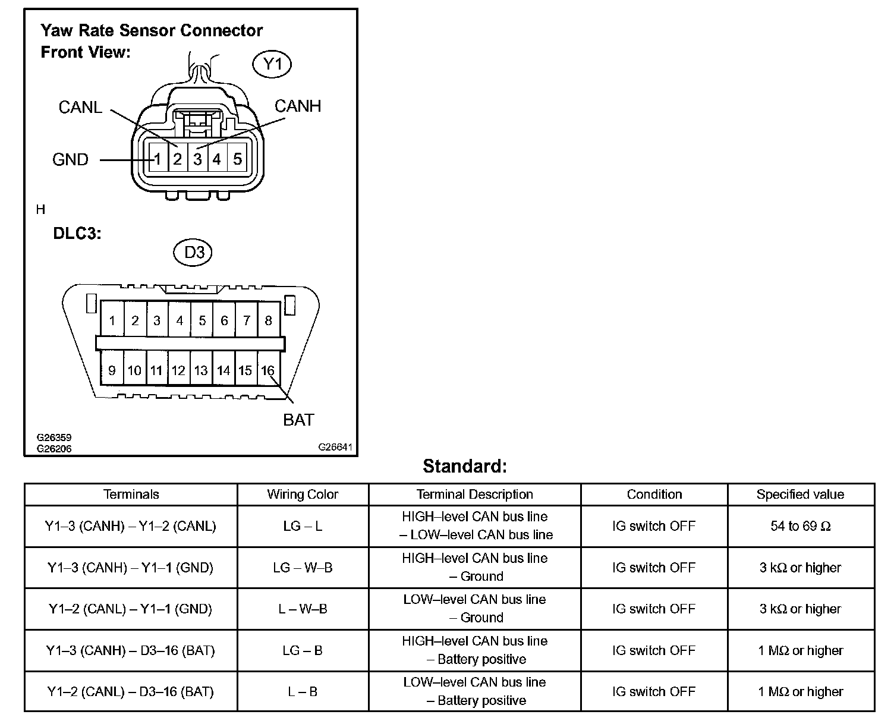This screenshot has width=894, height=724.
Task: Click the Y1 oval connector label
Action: [x=272, y=64]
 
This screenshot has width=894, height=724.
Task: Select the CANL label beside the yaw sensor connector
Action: [x=80, y=108]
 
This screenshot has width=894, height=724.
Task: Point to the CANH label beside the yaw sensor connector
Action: [x=298, y=106]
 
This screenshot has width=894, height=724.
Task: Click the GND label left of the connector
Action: [x=70, y=160]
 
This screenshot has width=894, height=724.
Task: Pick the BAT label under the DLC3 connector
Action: [x=298, y=420]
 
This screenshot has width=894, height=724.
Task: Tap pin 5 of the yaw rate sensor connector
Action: [x=237, y=159]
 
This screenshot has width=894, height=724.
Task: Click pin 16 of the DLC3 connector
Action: [x=268, y=371]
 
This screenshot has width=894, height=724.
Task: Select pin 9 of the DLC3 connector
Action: [x=112, y=371]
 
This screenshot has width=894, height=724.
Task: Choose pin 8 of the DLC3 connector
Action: [x=268, y=321]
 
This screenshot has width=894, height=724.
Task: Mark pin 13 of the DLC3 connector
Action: [x=201, y=371]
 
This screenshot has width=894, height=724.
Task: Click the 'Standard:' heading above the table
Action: [x=465, y=466]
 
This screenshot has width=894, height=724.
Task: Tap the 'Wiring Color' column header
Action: [x=303, y=495]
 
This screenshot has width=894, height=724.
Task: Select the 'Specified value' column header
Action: [x=800, y=495]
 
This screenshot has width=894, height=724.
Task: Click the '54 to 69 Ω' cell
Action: [x=800, y=526]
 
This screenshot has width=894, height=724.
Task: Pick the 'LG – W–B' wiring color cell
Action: [x=303, y=568]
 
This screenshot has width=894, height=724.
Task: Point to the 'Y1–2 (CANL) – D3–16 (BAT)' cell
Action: [x=130, y=692]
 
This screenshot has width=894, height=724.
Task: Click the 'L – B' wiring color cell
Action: [x=303, y=692]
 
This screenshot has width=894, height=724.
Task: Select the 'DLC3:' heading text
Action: [x=77, y=234]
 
